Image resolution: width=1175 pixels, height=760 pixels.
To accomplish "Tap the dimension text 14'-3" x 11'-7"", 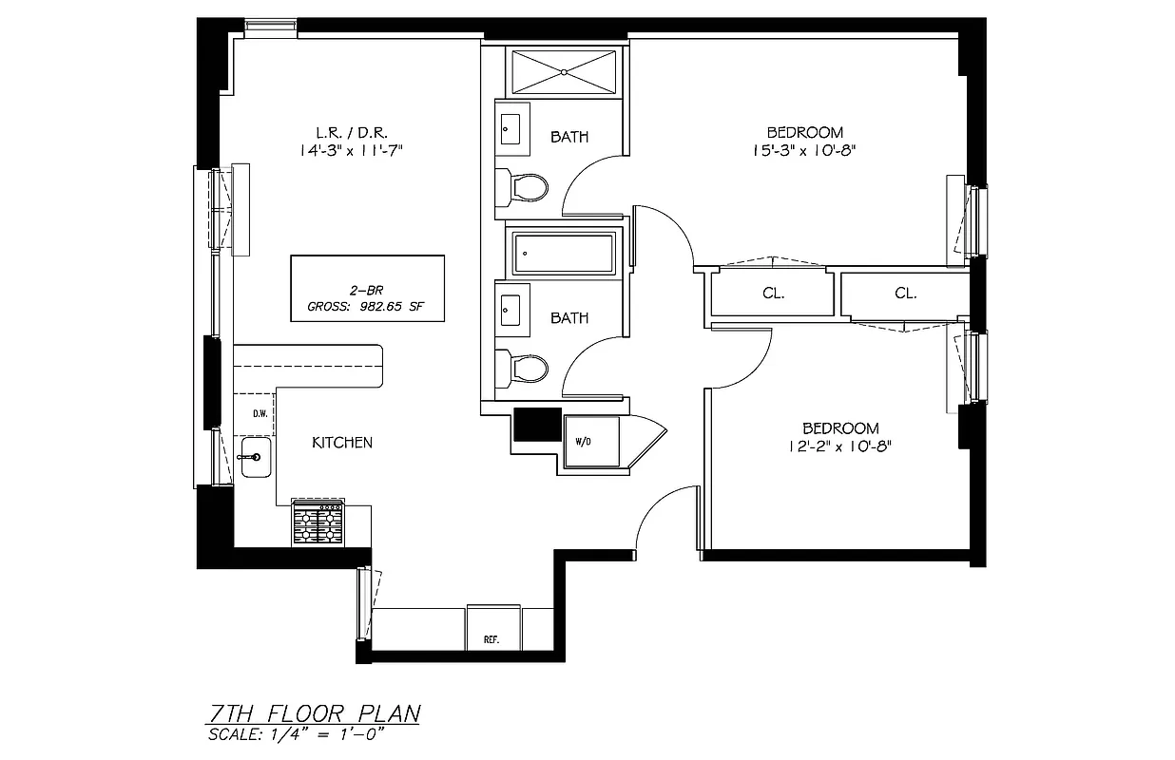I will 356,150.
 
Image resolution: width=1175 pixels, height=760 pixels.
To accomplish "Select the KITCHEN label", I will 342,443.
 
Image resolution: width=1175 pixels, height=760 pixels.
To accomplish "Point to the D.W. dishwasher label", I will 259,413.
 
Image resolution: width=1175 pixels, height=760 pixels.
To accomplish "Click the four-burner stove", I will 318,522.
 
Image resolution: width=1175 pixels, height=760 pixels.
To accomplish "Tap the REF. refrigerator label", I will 491,639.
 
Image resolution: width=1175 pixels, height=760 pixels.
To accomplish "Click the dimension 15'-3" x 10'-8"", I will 805,150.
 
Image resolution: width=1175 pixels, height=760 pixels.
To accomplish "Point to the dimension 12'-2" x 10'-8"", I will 840,446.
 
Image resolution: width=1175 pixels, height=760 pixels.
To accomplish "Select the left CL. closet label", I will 773,294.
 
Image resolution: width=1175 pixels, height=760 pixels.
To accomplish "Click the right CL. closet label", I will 905,294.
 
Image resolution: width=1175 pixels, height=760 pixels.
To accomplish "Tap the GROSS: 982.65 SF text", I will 367,307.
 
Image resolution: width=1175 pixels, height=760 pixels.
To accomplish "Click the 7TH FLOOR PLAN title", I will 314,713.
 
